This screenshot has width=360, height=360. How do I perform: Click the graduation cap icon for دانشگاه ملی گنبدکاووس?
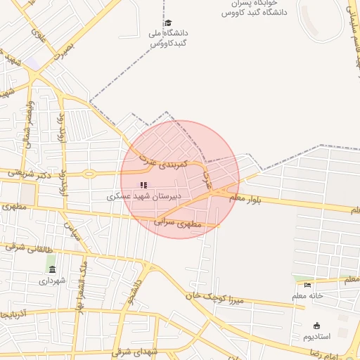point(167,23)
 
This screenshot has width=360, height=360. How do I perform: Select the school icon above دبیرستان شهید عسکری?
point(144,185)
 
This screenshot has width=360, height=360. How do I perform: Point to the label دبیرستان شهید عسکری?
point(144,197)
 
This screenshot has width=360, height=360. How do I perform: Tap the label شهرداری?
point(53,280)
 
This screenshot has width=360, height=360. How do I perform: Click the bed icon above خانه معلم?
point(307,285)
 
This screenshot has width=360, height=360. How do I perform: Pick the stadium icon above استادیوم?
point(316,326)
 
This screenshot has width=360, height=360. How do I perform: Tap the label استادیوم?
point(316,337)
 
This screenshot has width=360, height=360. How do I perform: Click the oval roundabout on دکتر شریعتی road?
point(89,173)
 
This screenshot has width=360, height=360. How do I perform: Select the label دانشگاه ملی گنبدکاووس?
point(167,38)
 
